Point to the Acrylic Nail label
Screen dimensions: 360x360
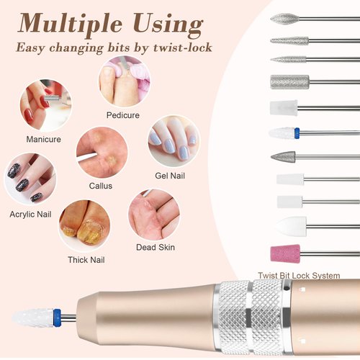pos(30,215)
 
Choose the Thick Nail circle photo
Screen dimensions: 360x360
pos(84,225)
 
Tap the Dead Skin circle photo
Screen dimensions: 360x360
pos(154,214)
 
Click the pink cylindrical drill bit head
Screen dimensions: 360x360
pos(285,253)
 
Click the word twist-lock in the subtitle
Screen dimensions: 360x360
pos(184,48)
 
